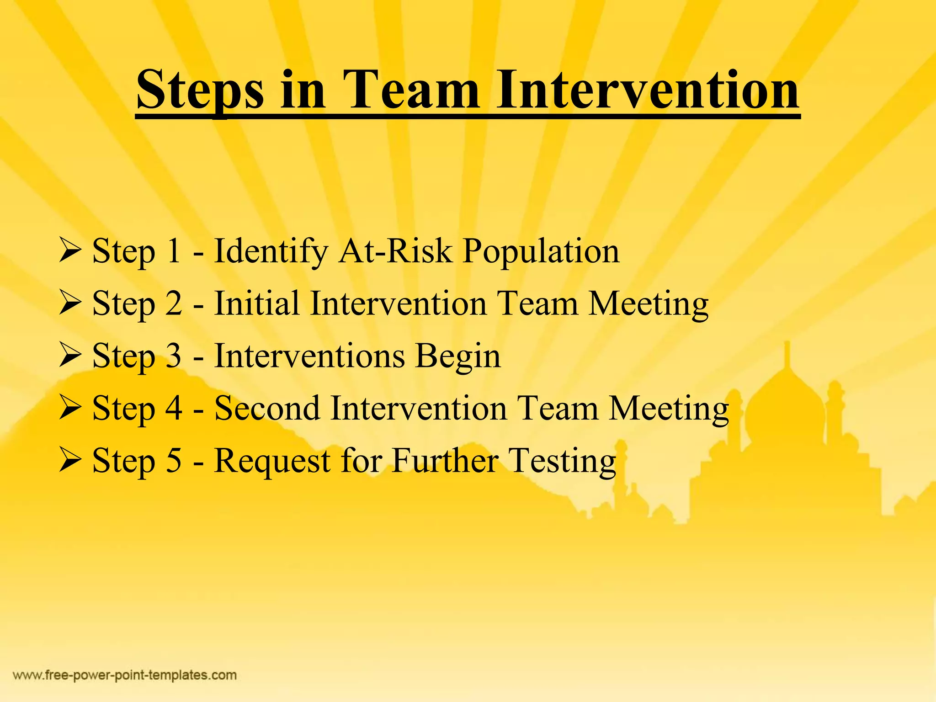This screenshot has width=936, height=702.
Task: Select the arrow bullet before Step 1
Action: point(70,251)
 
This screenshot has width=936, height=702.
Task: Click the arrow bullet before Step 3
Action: point(70,356)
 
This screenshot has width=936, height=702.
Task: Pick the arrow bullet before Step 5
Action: point(70,460)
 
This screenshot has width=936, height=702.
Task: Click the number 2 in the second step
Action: point(173,303)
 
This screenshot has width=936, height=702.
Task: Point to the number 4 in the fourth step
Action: point(174,408)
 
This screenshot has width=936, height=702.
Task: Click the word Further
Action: point(445,460)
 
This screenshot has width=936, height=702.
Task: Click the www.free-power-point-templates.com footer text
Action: point(125,675)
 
